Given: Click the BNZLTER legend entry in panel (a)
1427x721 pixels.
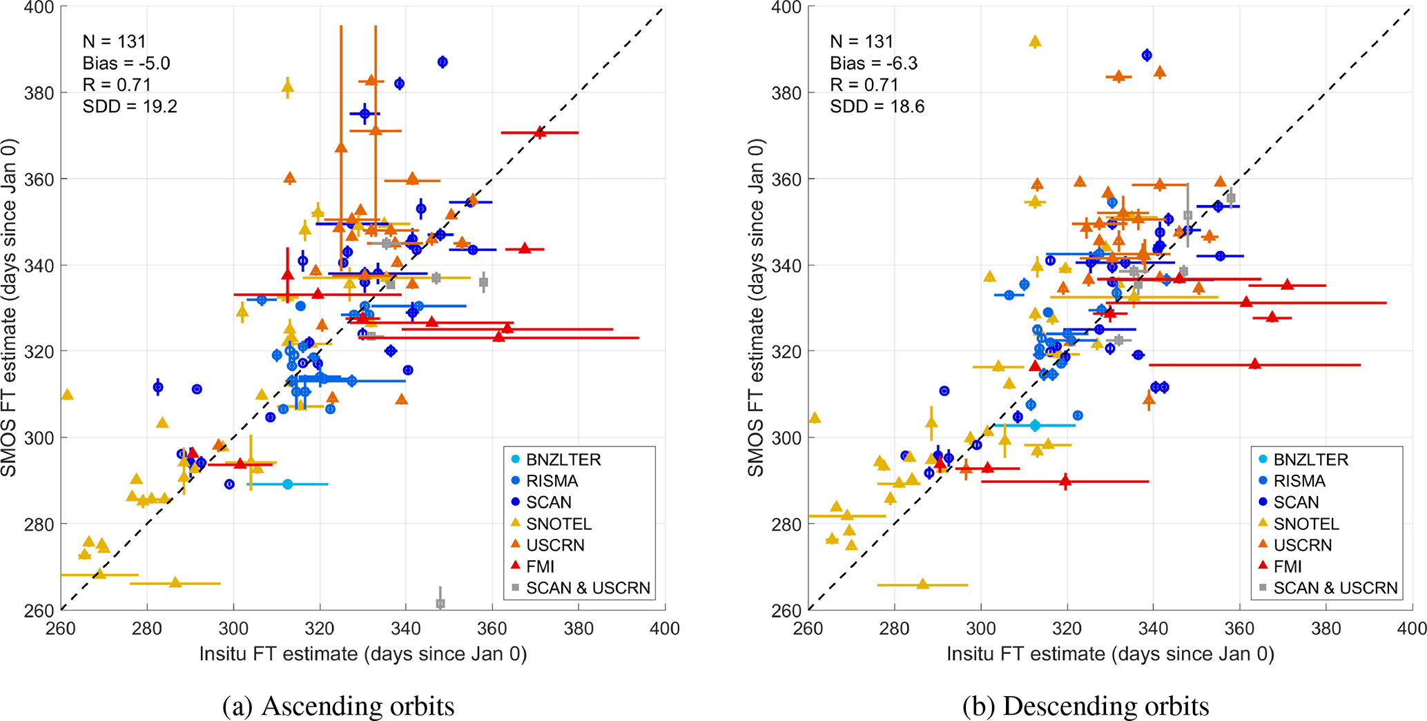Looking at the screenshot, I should point(563,460).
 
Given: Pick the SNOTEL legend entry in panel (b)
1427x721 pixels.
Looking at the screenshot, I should point(1305,524).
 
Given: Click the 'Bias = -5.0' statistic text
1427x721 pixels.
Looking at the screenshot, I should point(126,63).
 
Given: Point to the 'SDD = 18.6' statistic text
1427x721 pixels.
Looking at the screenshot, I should point(877,106).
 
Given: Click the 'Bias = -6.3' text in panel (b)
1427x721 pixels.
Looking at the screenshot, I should point(873,63).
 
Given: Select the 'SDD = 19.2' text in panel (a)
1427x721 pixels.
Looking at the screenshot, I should point(130,106).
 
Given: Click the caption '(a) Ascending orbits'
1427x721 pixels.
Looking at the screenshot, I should point(338,706).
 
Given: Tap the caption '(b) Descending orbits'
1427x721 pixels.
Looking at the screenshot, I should point(1085,706).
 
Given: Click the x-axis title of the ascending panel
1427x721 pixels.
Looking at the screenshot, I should point(363,653).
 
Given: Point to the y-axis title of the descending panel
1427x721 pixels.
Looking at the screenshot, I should point(756,308).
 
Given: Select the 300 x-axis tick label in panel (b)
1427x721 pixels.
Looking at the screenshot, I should point(981,628).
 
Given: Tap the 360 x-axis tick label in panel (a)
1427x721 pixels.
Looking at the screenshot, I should point(492,628).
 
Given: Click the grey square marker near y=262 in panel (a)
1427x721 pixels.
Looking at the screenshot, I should point(440,604).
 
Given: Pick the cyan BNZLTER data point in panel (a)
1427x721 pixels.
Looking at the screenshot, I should point(288,484).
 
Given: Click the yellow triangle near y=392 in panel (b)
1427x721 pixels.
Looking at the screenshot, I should point(1034,42).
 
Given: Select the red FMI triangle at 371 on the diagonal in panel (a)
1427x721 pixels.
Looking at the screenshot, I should point(540,132).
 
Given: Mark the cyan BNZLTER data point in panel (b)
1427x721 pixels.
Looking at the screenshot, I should point(1035,426).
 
